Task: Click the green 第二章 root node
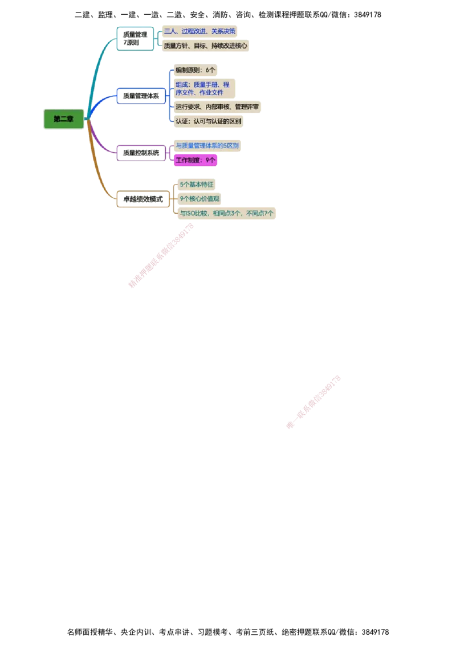pyautogui.click(x=63, y=119)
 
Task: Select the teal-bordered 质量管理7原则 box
pyautogui.click(x=135, y=39)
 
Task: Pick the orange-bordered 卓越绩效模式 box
pyautogui.click(x=143, y=199)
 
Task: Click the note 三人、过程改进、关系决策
pyautogui.click(x=199, y=31)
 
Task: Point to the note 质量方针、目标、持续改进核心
pyautogui.click(x=205, y=46)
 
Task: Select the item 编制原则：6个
pyautogui.click(x=196, y=70)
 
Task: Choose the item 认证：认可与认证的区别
pyautogui.click(x=208, y=121)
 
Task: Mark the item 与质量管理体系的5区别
pyautogui.click(x=207, y=146)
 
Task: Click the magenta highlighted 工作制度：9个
pyautogui.click(x=196, y=161)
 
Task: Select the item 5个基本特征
pyautogui.click(x=196, y=185)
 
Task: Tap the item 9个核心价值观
pyautogui.click(x=199, y=198)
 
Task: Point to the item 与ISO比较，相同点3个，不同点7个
pyautogui.click(x=226, y=213)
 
